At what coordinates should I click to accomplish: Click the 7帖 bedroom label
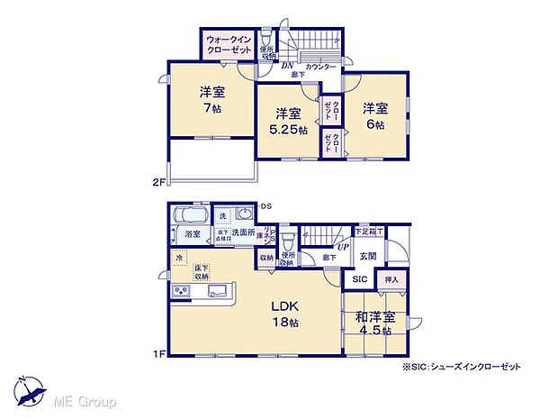(x=211, y=98)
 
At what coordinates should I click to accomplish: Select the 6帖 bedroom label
(x=375, y=116)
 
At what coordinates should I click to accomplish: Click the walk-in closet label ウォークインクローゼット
(x=229, y=45)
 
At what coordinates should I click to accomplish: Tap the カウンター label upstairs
(x=320, y=68)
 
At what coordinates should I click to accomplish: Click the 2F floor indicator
(x=157, y=183)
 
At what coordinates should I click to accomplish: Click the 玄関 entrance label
(x=369, y=256)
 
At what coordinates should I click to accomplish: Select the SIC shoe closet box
(x=358, y=280)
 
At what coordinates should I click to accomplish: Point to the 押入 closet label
(x=391, y=280)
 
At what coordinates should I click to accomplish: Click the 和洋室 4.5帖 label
(x=373, y=323)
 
